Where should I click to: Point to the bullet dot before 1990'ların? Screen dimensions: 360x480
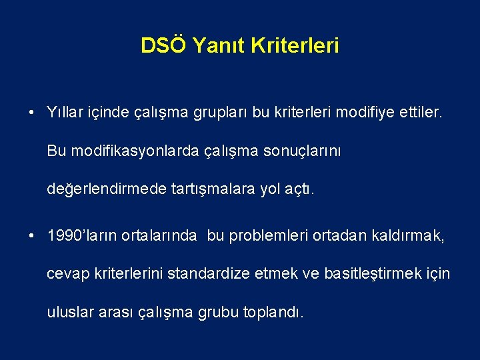(x=32, y=235)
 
